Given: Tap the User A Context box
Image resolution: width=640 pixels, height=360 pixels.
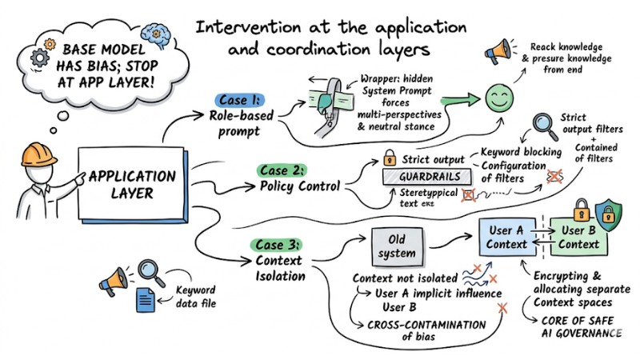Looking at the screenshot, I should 507,238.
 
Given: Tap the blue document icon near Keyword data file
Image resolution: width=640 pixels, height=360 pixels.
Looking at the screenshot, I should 146,300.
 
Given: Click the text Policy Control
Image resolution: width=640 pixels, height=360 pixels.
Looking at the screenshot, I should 298,186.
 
